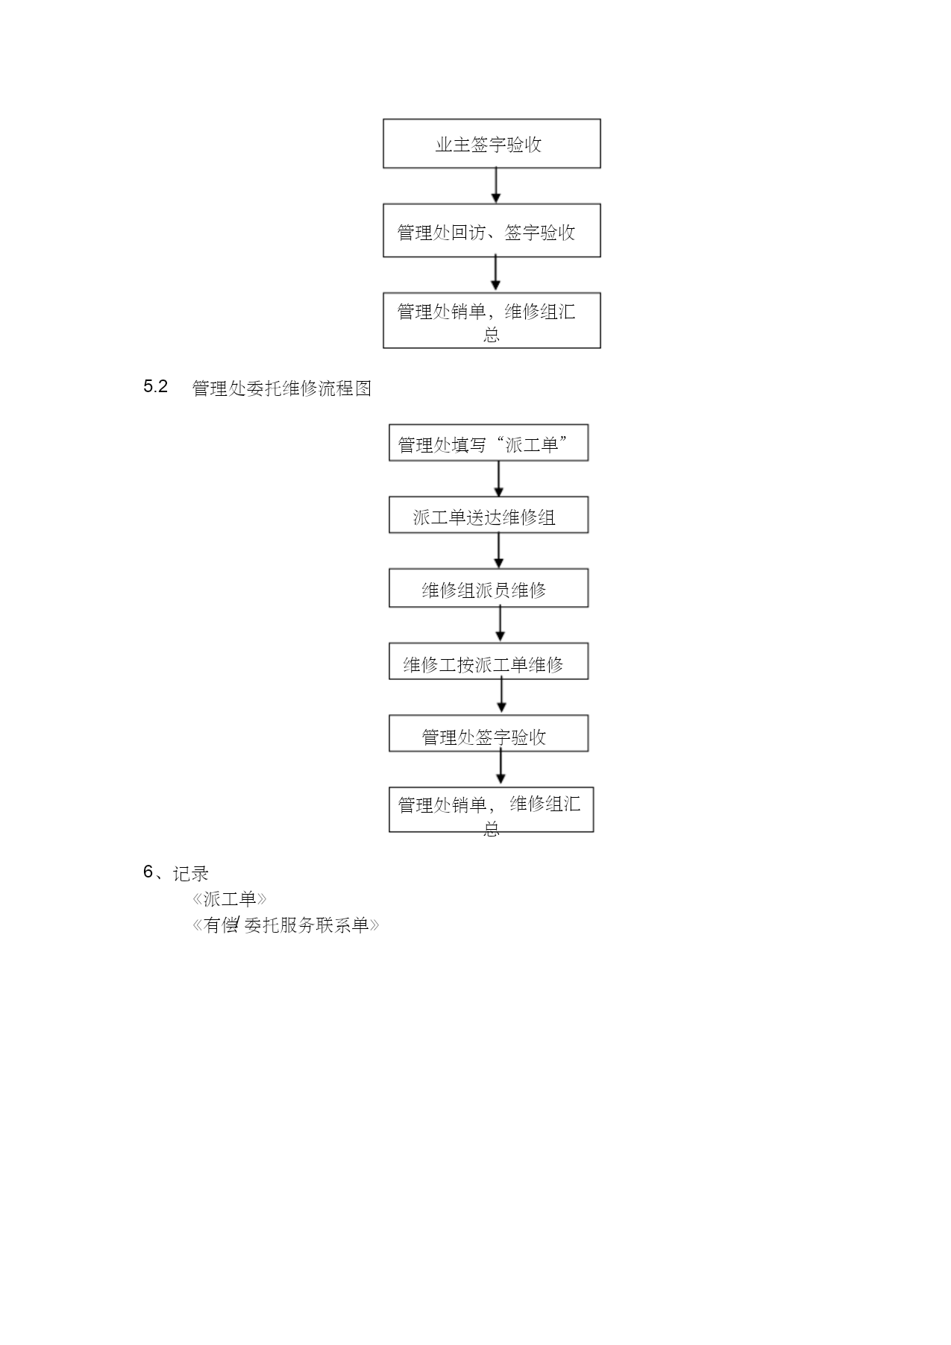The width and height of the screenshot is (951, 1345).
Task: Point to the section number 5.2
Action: tap(156, 386)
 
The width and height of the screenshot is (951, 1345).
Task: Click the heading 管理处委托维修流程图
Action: tap(282, 388)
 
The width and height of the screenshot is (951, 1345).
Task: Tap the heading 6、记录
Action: tap(176, 872)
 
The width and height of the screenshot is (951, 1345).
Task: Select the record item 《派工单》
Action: tap(230, 899)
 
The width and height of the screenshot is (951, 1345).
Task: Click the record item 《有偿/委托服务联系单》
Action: tap(286, 925)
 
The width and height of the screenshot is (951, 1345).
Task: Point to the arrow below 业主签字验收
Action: tap(496, 186)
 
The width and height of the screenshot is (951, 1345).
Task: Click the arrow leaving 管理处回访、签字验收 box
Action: tap(496, 274)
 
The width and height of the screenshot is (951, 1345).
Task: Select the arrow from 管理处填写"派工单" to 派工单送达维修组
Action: tap(499, 479)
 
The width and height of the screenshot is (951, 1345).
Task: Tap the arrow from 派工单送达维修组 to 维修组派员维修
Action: tap(499, 551)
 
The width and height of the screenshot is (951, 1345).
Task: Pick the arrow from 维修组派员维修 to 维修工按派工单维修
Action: tap(500, 624)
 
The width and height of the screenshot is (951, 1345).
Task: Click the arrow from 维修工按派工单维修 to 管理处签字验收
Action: tap(501, 696)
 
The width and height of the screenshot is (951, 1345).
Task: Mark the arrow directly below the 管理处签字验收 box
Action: tap(500, 767)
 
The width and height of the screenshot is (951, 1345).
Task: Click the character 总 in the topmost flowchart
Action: tap(492, 335)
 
